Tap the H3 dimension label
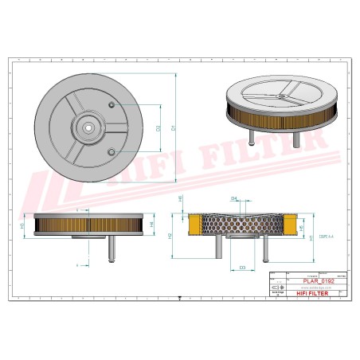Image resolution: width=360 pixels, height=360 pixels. click(22, 226)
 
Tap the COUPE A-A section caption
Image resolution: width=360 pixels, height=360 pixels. click(324, 237)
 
